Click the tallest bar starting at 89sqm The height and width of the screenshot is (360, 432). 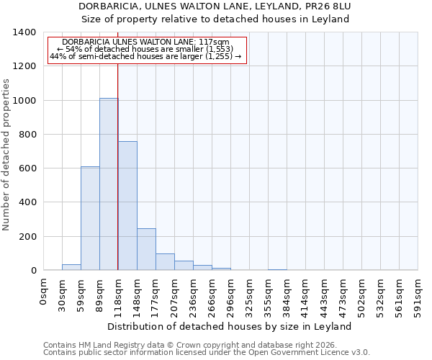point(109,184)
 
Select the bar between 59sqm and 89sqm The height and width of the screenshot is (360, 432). point(90,218)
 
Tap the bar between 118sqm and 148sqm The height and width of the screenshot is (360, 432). point(127,206)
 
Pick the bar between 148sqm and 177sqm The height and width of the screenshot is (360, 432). point(146,249)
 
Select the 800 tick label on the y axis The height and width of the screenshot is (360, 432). point(27,135)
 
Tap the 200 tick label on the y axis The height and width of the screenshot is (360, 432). point(27,237)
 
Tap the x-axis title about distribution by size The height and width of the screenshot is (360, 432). point(230,326)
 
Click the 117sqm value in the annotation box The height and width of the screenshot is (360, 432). point(215,42)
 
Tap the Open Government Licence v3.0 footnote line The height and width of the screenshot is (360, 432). point(207,353)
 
